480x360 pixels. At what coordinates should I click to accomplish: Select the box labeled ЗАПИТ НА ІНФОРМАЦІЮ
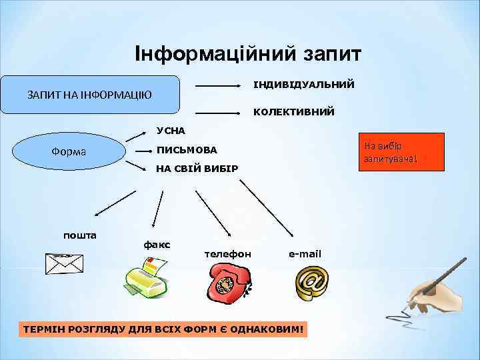[90, 95]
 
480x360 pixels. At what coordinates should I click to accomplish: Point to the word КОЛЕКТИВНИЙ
[293, 112]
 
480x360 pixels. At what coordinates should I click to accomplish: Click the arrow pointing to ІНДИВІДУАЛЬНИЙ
[218, 86]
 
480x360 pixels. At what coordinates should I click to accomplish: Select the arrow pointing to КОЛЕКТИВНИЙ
[218, 113]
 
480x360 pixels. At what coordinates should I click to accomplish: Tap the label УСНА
[170, 129]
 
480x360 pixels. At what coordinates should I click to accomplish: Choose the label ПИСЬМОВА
[187, 149]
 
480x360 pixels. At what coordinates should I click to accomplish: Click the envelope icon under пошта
[64, 263]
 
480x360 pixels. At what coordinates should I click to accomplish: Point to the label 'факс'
[157, 245]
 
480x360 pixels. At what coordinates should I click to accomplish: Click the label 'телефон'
[227, 254]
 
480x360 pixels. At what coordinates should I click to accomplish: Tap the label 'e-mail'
[305, 254]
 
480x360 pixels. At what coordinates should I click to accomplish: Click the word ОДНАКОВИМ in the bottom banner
[271, 329]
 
